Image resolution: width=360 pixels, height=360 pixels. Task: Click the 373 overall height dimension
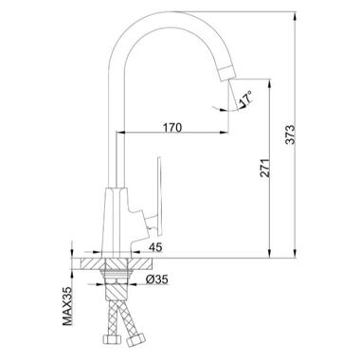(290, 135)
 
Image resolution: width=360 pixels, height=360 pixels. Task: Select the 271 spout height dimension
(266, 168)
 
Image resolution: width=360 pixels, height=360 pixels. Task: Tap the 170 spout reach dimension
(172, 128)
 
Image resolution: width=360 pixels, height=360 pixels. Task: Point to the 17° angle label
(245, 98)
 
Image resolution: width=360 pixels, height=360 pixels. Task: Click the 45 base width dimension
(155, 247)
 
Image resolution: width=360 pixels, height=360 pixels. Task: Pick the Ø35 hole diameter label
(157, 279)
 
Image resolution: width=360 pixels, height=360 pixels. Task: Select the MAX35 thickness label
(67, 307)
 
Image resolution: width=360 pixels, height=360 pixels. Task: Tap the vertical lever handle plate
(160, 196)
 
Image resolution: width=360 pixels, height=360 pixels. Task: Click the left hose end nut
(113, 339)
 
